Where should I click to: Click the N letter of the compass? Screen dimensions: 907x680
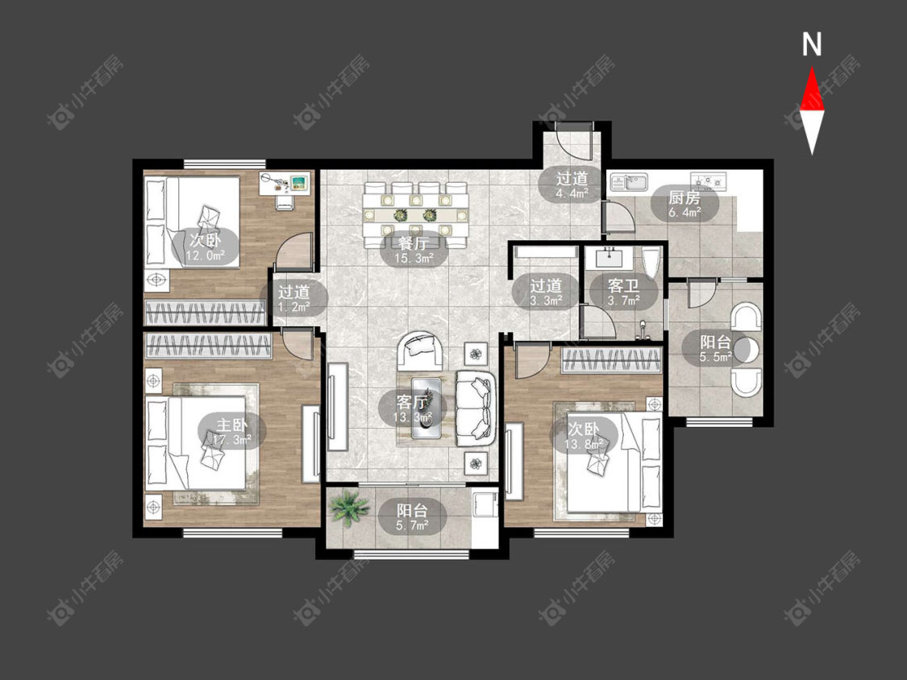point(812,44)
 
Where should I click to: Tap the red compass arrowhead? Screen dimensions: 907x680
point(812,89)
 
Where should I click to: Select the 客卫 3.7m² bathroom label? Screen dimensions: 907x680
point(623,292)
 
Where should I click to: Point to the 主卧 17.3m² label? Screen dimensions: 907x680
point(231,433)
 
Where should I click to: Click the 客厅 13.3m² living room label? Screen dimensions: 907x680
point(413,409)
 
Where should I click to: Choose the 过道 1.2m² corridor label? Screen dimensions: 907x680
point(293,299)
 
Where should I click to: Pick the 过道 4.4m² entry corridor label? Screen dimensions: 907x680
point(572,185)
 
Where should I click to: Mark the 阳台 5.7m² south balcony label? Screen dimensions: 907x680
point(413,517)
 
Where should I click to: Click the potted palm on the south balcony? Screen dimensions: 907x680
point(348,508)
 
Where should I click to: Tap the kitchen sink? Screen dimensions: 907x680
point(629,182)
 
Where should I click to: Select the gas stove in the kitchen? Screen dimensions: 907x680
point(709,181)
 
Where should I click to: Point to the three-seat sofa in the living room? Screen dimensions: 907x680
point(476,408)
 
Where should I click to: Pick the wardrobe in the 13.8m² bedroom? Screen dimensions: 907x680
point(611,360)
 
